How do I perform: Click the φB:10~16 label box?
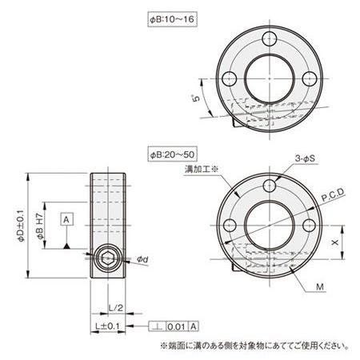[x=173, y=19]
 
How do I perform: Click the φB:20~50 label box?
[x=173, y=154]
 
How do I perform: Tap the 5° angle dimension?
[x=196, y=98]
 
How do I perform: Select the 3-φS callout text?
[x=305, y=158]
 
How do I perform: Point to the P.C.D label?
[x=333, y=194]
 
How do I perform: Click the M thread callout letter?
[x=320, y=287]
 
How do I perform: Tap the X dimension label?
[x=335, y=242]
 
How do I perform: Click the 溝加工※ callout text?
[x=202, y=169]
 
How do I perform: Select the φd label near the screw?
[x=142, y=259]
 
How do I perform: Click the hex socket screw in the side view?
[x=108, y=258]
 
